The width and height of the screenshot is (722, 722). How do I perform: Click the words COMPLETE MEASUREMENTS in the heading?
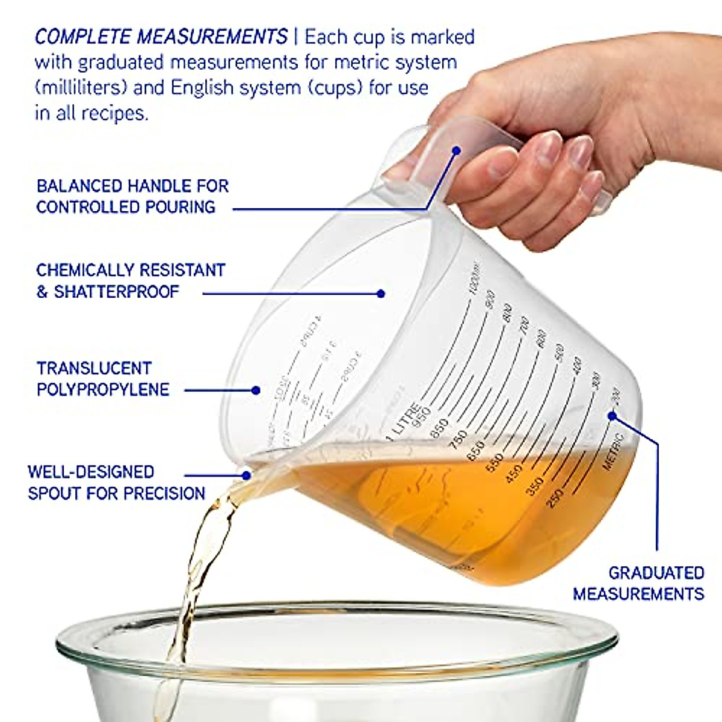point(161,37)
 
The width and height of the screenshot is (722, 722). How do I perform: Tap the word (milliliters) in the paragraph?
point(81,88)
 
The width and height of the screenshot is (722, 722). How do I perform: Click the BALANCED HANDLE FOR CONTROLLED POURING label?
point(132,196)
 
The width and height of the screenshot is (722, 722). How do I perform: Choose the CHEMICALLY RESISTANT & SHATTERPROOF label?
point(130,281)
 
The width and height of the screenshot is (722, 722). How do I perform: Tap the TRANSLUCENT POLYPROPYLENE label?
point(102,379)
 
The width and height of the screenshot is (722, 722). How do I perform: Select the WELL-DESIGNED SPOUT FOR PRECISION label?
point(116,483)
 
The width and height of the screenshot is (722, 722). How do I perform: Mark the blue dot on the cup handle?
point(457,150)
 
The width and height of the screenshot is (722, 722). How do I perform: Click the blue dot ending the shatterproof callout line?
point(380,294)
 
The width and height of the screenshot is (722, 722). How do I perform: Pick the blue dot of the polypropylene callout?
point(256,390)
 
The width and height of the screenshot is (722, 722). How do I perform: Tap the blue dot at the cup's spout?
point(246,475)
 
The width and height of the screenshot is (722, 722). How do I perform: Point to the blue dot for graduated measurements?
point(612,416)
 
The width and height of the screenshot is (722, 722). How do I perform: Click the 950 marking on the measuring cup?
point(422,415)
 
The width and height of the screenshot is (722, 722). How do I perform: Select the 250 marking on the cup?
point(555,498)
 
